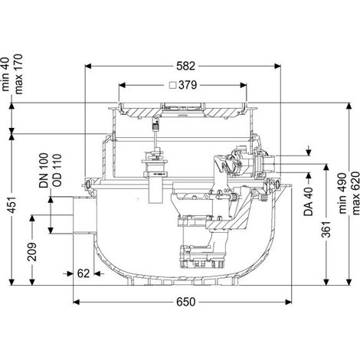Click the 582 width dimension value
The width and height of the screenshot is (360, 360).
coord(185,67)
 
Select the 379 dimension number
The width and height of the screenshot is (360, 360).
coord(188,85)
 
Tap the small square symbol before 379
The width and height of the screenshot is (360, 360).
coord(173,85)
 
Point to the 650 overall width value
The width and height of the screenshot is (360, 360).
coord(185,302)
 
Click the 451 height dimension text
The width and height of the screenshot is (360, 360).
coord(12,205)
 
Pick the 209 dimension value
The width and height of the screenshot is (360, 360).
coord(32,252)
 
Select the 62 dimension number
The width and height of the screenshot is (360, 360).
coord(83,273)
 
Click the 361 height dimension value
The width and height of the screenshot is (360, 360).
coord(326,228)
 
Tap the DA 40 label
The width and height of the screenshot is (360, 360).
coord(309,201)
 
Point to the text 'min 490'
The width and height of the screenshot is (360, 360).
coord(343,193)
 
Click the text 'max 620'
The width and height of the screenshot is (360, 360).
coord(355,193)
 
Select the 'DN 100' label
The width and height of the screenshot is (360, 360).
coord(44,171)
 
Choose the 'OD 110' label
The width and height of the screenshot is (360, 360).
coord(57,170)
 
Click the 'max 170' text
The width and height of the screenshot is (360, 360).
coord(18,74)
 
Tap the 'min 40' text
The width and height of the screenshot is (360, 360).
coord(5,74)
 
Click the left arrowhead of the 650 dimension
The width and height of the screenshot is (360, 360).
coord(77,303)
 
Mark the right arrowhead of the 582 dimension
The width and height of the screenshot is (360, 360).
coord(277,67)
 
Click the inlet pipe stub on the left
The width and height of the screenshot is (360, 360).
coord(84,215)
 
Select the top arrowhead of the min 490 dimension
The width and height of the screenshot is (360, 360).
coord(349,106)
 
